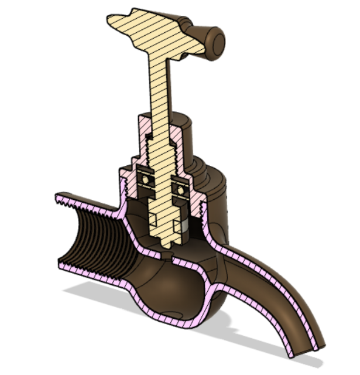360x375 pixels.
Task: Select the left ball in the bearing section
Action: (x=142, y=175)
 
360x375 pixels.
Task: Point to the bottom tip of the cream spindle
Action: (x=166, y=243)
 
